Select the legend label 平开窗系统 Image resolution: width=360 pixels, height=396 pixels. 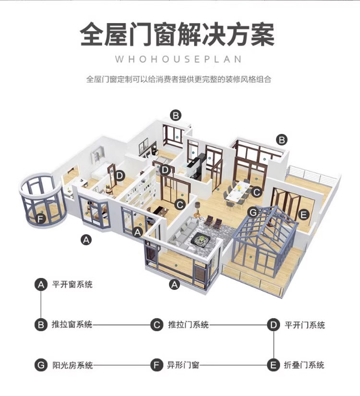(72, 284)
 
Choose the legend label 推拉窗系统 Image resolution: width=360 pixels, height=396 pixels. (72, 325)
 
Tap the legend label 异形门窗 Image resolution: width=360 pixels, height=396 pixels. (181, 365)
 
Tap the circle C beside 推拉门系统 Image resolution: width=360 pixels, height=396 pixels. (156, 325)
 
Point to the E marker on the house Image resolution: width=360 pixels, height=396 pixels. (303, 215)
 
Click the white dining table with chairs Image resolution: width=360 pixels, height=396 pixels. (237, 193)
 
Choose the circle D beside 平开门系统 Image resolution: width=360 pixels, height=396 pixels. (273, 325)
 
